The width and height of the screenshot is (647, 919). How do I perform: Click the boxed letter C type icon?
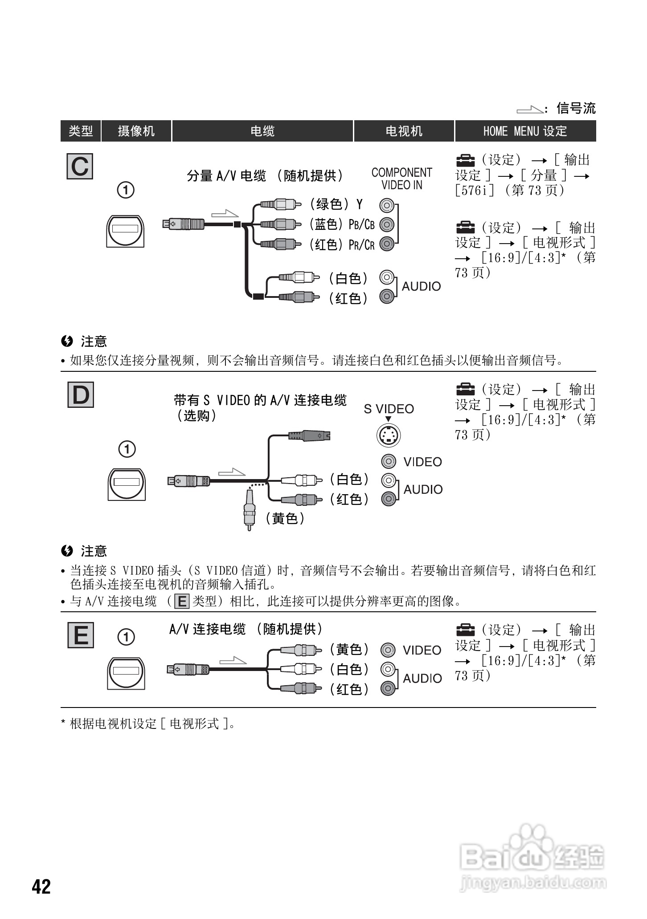pyautogui.click(x=80, y=167)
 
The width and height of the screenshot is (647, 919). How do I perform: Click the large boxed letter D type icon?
pyautogui.click(x=81, y=394)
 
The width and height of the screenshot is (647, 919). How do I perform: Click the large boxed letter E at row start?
pyautogui.click(x=81, y=635)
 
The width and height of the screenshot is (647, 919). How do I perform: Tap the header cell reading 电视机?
pyautogui.click(x=404, y=131)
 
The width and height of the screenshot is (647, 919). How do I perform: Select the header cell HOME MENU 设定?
pyautogui.click(x=525, y=131)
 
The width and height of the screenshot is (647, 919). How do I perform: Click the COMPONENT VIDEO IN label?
pyautogui.click(x=401, y=179)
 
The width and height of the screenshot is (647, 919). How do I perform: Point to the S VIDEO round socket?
pyautogui.click(x=389, y=435)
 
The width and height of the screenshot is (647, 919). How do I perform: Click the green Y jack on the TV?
pyautogui.click(x=387, y=206)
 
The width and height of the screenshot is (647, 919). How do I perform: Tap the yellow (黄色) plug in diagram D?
pyautogui.click(x=249, y=510)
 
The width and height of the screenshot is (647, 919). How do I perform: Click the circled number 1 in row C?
pyautogui.click(x=126, y=190)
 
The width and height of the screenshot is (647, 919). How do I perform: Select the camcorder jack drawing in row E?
pyautogui.click(x=126, y=674)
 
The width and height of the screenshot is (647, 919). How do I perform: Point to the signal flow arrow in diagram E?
pyautogui.click(x=233, y=660)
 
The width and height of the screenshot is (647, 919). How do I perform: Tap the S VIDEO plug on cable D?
pyautogui.click(x=309, y=435)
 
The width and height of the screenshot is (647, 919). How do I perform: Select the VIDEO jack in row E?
pyautogui.click(x=388, y=651)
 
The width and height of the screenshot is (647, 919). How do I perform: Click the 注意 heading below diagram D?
pyautogui.click(x=93, y=551)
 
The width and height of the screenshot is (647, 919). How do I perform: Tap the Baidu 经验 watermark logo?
pyautogui.click(x=532, y=858)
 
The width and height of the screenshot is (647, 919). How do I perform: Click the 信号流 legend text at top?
pyautogui.click(x=576, y=108)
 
